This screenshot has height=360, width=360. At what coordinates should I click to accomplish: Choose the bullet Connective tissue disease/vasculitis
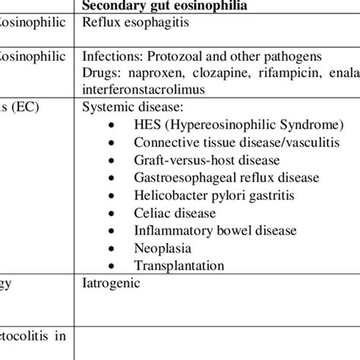(231, 142)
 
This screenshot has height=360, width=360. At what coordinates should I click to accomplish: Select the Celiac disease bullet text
(172, 213)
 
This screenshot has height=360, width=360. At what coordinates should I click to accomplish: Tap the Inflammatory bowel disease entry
(215, 230)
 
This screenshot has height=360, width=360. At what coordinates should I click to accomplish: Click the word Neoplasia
(163, 248)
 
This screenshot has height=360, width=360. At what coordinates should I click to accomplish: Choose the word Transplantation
(179, 265)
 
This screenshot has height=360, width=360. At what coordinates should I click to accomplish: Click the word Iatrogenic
(111, 285)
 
